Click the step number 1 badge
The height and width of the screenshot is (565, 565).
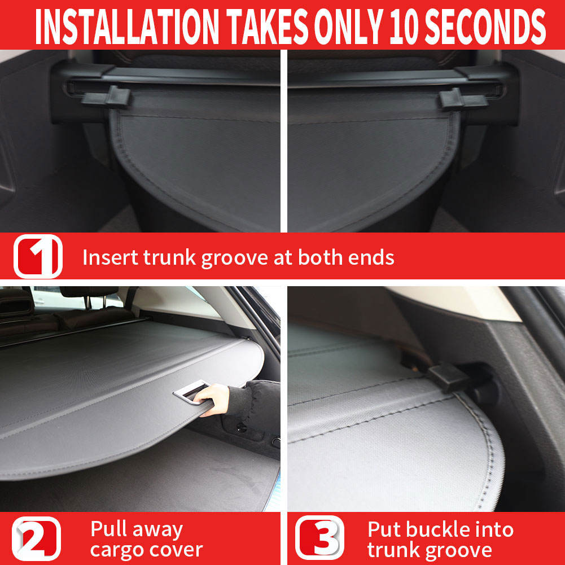click(x=37, y=256)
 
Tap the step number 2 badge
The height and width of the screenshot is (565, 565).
click(x=37, y=538)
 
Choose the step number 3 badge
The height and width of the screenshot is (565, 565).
click(x=319, y=538)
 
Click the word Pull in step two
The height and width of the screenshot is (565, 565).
click(x=108, y=530)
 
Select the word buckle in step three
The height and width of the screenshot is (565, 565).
click(x=441, y=530)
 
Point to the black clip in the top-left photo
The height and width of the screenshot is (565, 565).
click(x=107, y=97)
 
